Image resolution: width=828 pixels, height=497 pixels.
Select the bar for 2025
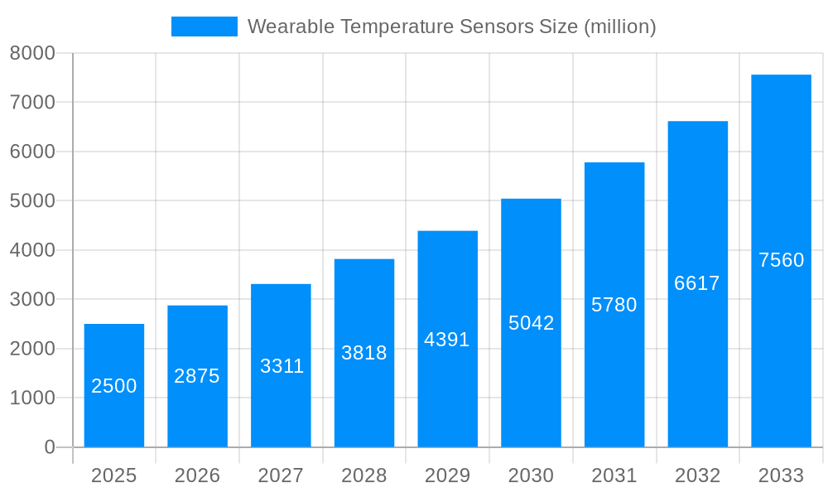[x=114, y=385]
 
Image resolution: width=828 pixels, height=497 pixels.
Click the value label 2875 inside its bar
[x=197, y=376]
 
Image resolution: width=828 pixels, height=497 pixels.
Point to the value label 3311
[x=282, y=366]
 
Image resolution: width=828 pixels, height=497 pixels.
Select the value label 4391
[x=447, y=340]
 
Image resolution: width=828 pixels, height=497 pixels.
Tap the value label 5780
[x=614, y=305]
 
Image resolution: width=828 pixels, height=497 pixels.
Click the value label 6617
[x=697, y=283]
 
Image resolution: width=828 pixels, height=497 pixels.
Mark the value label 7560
[x=781, y=260]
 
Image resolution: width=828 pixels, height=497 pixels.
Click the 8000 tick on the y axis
[x=32, y=53]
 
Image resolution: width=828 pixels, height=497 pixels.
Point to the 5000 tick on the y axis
[x=32, y=201]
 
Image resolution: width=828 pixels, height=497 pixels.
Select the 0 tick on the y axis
[x=50, y=447]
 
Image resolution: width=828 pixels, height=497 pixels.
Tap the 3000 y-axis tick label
[x=32, y=299]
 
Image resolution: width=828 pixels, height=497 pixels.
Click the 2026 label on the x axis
[x=197, y=475]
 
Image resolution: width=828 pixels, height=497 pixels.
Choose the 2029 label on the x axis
[x=447, y=475]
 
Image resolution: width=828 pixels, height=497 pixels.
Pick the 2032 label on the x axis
[x=697, y=475]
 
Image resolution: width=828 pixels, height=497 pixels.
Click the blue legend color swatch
[x=204, y=27]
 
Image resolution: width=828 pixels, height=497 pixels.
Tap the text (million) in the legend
[x=620, y=27]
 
